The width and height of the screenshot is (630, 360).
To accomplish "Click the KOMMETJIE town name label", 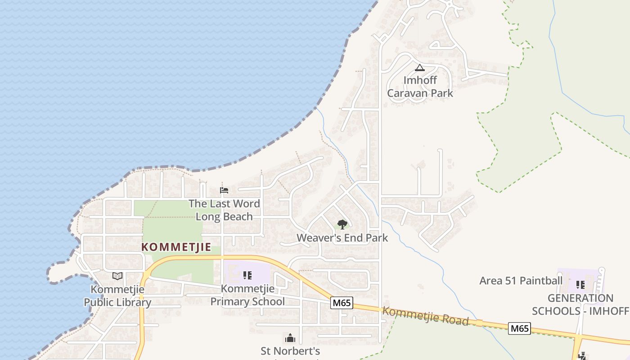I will pyautogui.click(x=176, y=247).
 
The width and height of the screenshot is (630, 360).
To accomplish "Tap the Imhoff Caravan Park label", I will pyautogui.click(x=420, y=86).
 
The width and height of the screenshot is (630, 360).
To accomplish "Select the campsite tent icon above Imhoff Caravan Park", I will pyautogui.click(x=420, y=68).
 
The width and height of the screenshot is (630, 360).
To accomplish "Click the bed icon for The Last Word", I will pyautogui.click(x=224, y=190).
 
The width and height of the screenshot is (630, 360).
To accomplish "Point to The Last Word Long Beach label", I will pyautogui.click(x=224, y=210).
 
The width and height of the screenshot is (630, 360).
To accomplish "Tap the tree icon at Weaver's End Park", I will pyautogui.click(x=342, y=224).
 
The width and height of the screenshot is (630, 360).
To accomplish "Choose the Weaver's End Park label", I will pyautogui.click(x=342, y=238).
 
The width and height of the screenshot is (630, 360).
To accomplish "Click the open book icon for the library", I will pyautogui.click(x=117, y=276).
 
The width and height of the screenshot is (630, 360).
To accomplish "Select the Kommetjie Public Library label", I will pyautogui.click(x=117, y=296).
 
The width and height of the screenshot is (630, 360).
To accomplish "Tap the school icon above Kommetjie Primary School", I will pyautogui.click(x=247, y=275).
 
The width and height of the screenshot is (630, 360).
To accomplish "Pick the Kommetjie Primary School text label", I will pyautogui.click(x=247, y=295).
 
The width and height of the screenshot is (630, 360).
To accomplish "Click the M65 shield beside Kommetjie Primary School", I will pyautogui.click(x=342, y=303).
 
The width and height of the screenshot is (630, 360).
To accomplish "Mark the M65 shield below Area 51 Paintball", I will pyautogui.click(x=520, y=328).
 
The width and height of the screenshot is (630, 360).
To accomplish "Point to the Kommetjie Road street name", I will pyautogui.click(x=425, y=316).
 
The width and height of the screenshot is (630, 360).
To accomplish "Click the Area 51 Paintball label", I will pyautogui.click(x=521, y=281).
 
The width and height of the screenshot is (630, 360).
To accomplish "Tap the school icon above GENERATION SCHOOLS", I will pyautogui.click(x=580, y=284).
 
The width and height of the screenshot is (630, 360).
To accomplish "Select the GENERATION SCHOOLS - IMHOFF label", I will pyautogui.click(x=580, y=305).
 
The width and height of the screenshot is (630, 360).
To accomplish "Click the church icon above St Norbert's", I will pyautogui.click(x=290, y=337).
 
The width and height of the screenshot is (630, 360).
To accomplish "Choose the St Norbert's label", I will pyautogui.click(x=290, y=351).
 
